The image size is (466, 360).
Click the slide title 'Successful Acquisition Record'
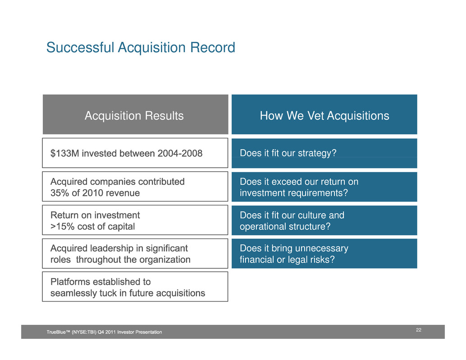point(141,48)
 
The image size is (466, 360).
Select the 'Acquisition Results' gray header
point(136,114)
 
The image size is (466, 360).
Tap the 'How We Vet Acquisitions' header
point(324,114)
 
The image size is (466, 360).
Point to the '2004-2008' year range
point(180,153)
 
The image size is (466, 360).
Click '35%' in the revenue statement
point(60,193)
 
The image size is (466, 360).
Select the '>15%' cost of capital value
point(62,226)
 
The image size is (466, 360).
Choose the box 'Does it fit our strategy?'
point(324,153)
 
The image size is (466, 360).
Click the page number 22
point(418,330)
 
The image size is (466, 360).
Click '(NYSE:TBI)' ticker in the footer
point(84,332)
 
